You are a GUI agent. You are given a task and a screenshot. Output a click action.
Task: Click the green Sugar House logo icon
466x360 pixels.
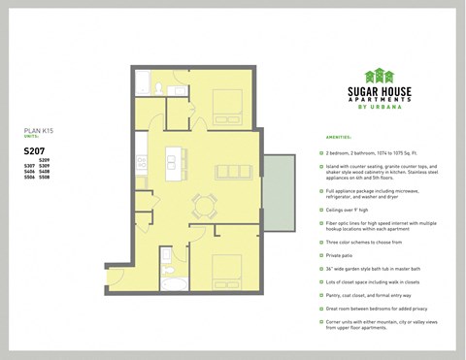coord(380,75)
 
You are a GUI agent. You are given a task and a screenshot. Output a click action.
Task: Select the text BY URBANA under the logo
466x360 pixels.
coord(380,105)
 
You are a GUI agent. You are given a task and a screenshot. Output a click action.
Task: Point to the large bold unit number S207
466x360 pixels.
coord(36,150)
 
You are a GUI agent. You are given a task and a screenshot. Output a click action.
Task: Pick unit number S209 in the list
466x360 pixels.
coord(44,159)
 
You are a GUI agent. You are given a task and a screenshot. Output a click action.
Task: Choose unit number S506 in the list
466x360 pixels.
coord(29,179)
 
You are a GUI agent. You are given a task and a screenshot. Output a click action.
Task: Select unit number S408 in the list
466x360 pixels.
coord(45,172)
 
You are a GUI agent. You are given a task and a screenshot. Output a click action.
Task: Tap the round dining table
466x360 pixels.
coord(205,203)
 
